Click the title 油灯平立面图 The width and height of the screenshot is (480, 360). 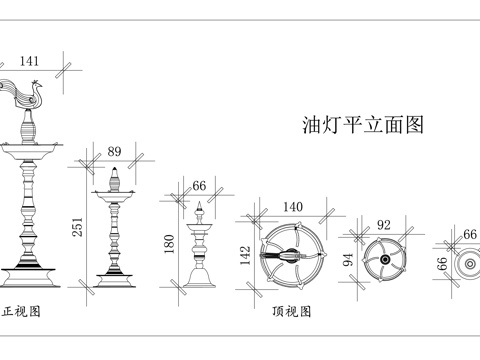pyautogui.click(x=363, y=125)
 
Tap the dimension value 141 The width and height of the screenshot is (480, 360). pyautogui.click(x=30, y=61)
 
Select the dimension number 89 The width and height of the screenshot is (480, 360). pyautogui.click(x=114, y=151)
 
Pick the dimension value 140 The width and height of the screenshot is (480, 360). pyautogui.click(x=292, y=207)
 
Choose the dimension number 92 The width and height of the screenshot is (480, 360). pyautogui.click(x=382, y=226)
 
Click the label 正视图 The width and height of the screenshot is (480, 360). pyautogui.click(x=22, y=311)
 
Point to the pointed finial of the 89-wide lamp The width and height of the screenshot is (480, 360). pyautogui.click(x=116, y=176)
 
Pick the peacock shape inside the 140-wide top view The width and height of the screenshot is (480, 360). pyautogui.click(x=292, y=255)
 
